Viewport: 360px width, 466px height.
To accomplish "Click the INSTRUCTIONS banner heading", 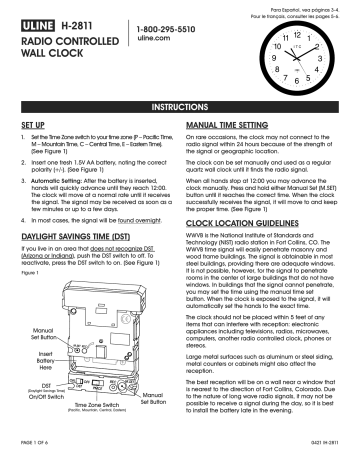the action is [x=179, y=104].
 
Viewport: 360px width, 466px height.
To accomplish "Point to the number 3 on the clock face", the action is [x=339, y=60].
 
